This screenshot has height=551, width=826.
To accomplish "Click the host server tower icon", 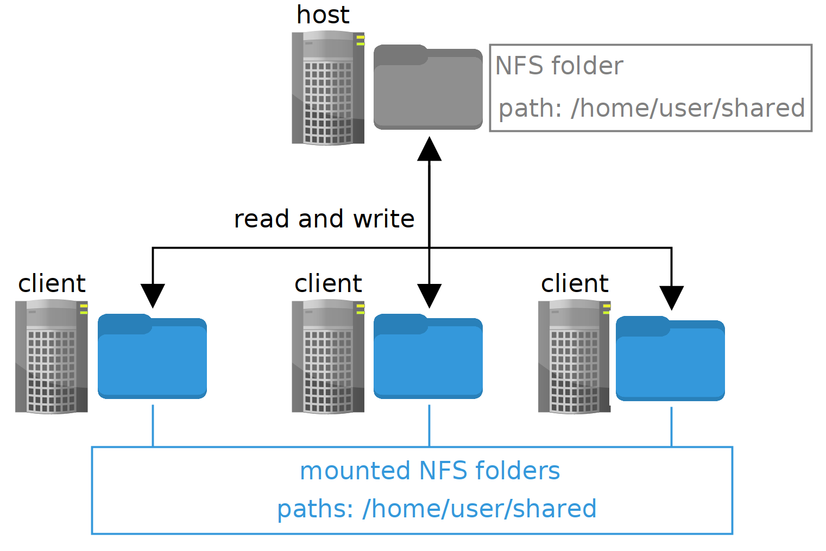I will tap(328, 88).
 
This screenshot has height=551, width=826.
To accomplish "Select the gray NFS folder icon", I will tap(428, 88).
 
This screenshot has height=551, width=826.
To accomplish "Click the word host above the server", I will tap(323, 15).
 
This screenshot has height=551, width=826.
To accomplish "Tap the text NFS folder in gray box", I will tap(559, 66).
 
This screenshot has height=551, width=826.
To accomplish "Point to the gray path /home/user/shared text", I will tap(651, 108).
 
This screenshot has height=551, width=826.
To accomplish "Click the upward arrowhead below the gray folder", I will tap(429, 149).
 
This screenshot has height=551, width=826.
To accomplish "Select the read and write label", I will tap(324, 219).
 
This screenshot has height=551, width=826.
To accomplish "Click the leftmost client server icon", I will tap(52, 357).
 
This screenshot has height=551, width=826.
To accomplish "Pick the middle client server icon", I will tap(328, 357).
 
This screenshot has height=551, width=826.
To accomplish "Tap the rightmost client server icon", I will tap(574, 357).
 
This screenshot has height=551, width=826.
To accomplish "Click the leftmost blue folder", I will tap(152, 357).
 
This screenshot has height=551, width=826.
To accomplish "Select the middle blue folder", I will tap(428, 357).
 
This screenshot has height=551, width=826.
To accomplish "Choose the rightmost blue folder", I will tap(670, 359).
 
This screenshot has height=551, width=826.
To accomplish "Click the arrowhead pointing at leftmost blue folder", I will tap(153, 296).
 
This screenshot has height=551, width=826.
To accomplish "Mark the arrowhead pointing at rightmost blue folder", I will tap(671, 298).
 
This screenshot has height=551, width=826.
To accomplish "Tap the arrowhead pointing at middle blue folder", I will tap(429, 296).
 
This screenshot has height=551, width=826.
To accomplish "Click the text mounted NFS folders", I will tap(430, 471).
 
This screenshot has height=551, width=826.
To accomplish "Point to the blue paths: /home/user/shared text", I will tap(437, 509).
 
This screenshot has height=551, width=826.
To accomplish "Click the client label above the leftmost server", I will tap(52, 283).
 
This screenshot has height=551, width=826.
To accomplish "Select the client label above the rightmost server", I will tap(575, 283).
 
